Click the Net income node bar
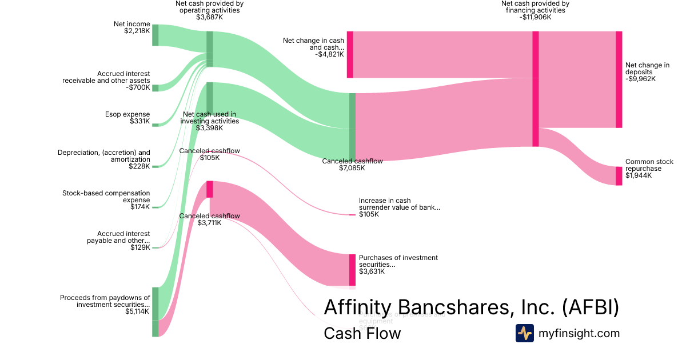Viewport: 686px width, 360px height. [155, 35]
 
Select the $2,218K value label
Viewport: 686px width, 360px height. [137, 31]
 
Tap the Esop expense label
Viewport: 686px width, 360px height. [127, 114]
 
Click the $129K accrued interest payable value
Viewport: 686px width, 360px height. [140, 247]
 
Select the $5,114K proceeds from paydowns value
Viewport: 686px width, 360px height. [137, 311]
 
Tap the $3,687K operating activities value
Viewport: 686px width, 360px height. [209, 17]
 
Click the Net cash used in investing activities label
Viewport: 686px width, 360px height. [209, 118]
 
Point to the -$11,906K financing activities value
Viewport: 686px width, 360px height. [535, 17]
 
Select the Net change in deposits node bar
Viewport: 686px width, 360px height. [619, 79]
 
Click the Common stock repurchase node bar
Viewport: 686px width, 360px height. [619, 176]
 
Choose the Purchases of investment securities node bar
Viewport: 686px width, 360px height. [352, 270]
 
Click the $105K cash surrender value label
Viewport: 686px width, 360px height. [369, 214]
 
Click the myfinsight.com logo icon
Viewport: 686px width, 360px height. [525, 333]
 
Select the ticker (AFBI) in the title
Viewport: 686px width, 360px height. [591, 307]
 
